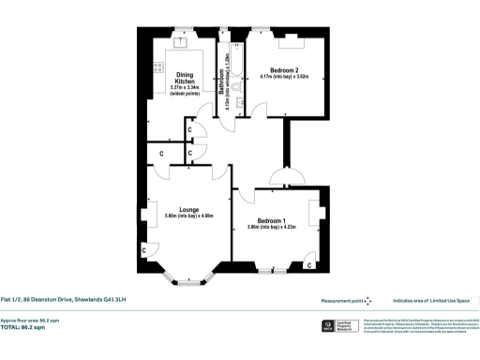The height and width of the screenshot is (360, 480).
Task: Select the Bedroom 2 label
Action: click(x=283, y=70)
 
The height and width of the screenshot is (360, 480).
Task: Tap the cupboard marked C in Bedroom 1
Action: click(x=309, y=265)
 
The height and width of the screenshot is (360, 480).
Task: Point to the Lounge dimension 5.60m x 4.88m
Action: click(x=189, y=217)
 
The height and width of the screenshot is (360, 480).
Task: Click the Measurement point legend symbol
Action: click(x=367, y=300)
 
